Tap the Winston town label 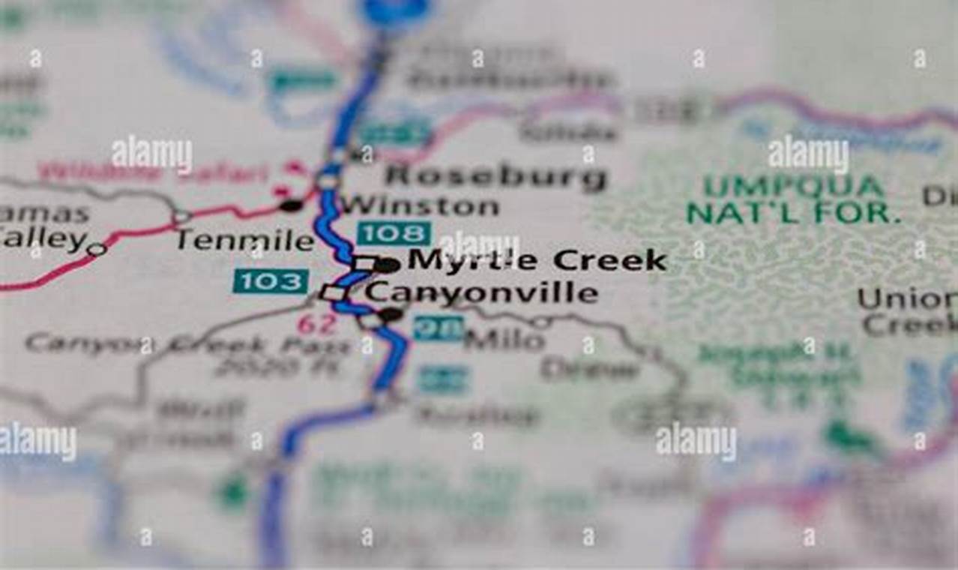click(420, 205)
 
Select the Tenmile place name click(245, 240)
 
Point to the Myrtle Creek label click(537, 261)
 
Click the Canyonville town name click(482, 293)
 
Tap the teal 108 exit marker click(394, 233)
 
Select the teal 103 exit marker click(271, 281)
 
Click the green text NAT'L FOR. click(793, 214)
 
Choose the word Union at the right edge click(907, 299)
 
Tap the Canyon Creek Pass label click(187, 345)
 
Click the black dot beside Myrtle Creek click(387, 264)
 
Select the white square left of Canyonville click(334, 293)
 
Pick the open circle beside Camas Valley click(96, 249)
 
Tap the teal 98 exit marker click(438, 328)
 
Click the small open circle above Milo click(541, 322)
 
